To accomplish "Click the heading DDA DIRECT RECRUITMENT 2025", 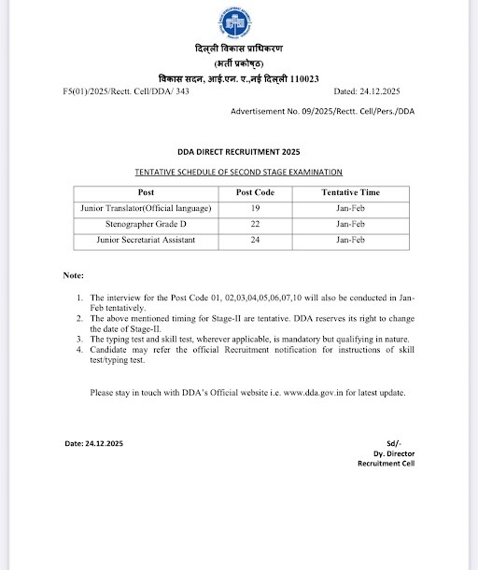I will pos(239,151).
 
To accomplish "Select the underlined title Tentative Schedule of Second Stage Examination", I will pos(239,173).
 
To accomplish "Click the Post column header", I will pos(146,192).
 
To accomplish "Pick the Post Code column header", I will pos(255,192).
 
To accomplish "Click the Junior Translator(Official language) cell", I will pos(146,208).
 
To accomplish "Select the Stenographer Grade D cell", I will pos(146,224).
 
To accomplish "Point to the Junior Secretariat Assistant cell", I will pos(146,241).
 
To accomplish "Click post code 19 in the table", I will pos(255,208).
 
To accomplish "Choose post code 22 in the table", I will pos(255,224).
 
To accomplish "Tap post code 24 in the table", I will pos(255,241).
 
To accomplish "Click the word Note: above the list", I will pos(74,277).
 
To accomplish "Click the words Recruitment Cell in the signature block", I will pos(386,464).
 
